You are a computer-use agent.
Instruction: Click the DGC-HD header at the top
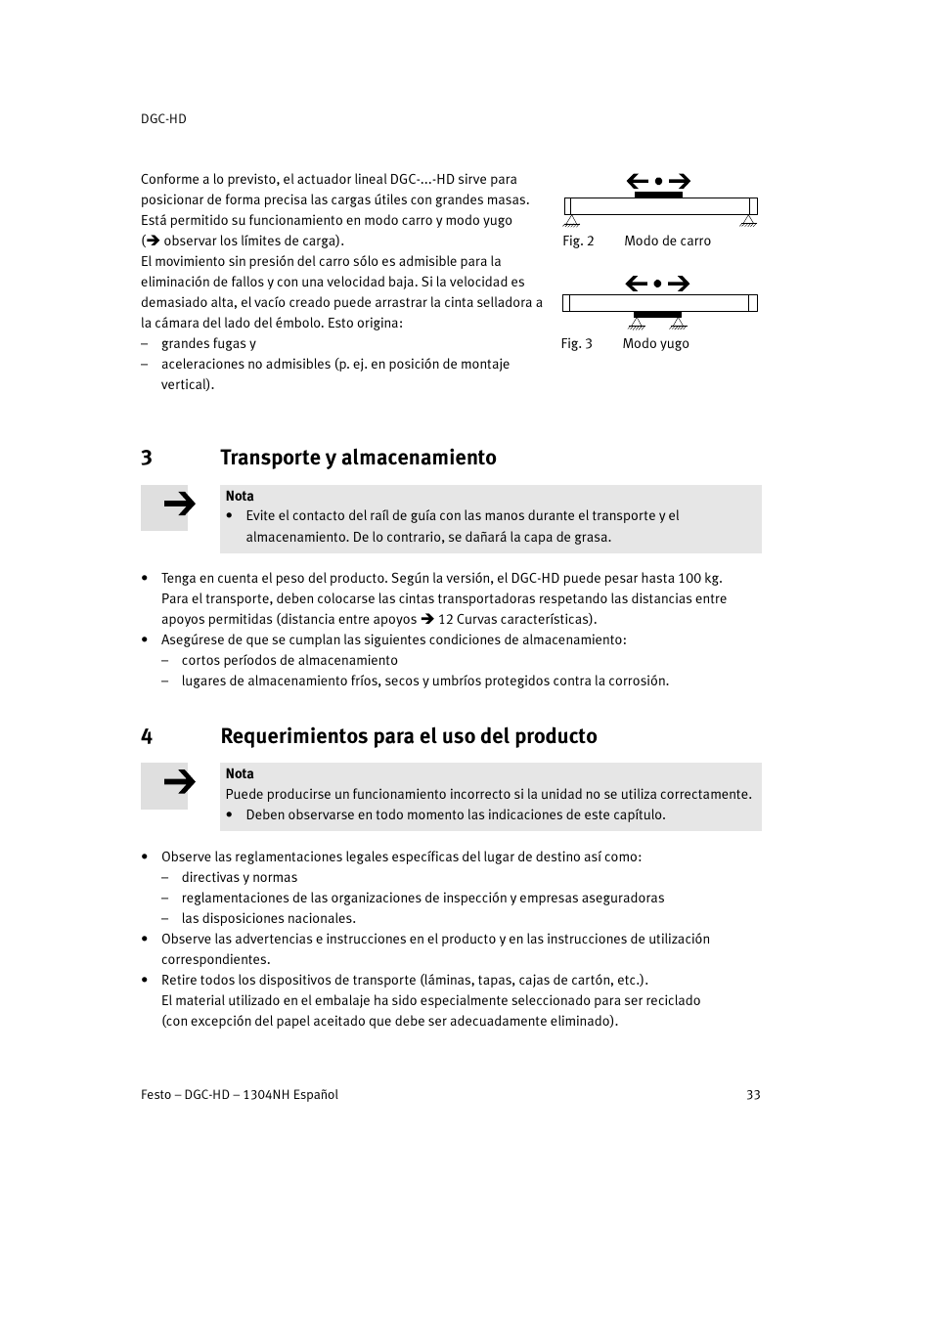(x=163, y=118)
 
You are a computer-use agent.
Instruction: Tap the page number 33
(x=753, y=1094)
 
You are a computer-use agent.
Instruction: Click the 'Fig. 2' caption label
(x=578, y=241)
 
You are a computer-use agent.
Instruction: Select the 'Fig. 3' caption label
(x=576, y=343)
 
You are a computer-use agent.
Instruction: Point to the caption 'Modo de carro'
(x=667, y=241)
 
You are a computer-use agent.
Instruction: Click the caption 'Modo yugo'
(x=655, y=343)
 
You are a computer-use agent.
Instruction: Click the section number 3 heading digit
(x=147, y=458)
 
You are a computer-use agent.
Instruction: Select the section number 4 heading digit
(x=147, y=736)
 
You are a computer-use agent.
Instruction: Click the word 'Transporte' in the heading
(x=270, y=458)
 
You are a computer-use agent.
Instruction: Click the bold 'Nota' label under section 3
(x=240, y=496)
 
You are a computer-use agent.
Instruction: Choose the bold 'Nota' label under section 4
(x=240, y=773)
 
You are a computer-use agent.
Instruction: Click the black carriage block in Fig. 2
(x=658, y=195)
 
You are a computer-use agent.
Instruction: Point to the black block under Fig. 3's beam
(x=657, y=315)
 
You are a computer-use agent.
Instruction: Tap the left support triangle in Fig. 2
(x=571, y=220)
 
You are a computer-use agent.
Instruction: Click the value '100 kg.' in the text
(x=699, y=578)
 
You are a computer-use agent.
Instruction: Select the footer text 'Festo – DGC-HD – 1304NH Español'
(x=240, y=1094)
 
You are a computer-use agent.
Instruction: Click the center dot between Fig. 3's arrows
(x=658, y=284)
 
